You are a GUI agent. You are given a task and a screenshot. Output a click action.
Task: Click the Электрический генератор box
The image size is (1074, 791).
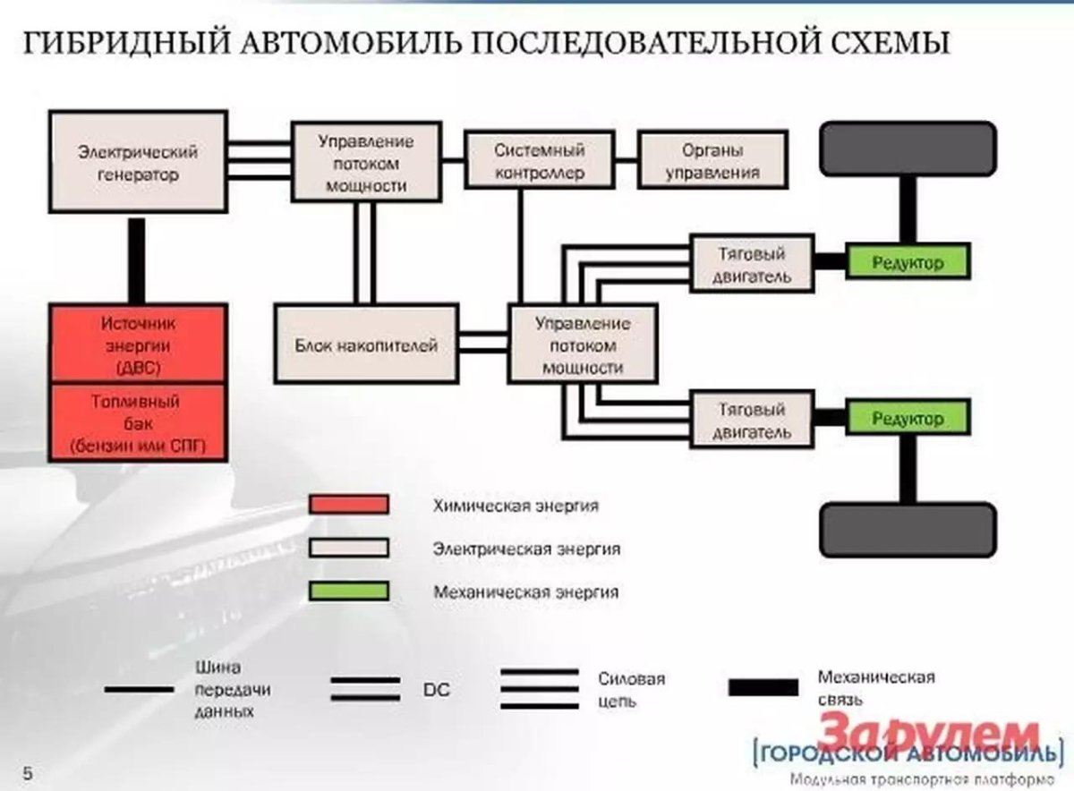point(137,164)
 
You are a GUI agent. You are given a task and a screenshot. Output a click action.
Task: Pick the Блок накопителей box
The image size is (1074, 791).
point(366,344)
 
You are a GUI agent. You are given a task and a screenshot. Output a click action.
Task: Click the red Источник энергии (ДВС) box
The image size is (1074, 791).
point(138,344)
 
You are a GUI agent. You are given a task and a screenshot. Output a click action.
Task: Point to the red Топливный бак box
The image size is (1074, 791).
point(138,423)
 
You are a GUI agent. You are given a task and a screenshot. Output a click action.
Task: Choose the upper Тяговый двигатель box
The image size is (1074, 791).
point(752,263)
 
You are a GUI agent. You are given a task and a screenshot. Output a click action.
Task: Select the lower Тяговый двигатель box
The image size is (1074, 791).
point(752,418)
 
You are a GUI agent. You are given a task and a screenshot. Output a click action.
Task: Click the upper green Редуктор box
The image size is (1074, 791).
point(907,262)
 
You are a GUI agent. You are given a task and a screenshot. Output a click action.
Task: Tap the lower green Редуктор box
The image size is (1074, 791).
point(907,418)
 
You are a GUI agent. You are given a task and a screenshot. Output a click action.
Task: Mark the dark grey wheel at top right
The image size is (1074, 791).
point(908,148)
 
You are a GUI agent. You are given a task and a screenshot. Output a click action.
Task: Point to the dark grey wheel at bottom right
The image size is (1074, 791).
point(908,530)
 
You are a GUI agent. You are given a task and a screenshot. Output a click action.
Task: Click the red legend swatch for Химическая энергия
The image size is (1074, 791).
point(348,505)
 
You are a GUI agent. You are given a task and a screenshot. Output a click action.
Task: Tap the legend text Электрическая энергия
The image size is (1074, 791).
point(526,548)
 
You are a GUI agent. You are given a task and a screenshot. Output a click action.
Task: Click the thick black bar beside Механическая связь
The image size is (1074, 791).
point(763,687)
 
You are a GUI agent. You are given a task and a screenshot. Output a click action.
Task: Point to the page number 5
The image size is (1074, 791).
point(27,770)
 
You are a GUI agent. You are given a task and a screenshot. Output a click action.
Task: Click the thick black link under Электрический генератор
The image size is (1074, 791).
point(137,261)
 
